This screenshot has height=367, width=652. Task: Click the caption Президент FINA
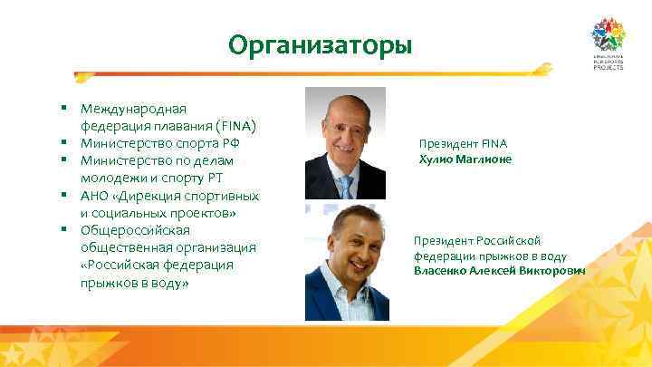coord(463,143)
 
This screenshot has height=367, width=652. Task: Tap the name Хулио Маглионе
coord(465,159)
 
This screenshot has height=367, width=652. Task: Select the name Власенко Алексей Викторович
coord(499,271)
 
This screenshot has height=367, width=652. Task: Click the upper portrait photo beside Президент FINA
coord(345,143)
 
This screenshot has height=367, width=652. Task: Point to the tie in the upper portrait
coord(346,187)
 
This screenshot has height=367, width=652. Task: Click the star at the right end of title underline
coord(543,68)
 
